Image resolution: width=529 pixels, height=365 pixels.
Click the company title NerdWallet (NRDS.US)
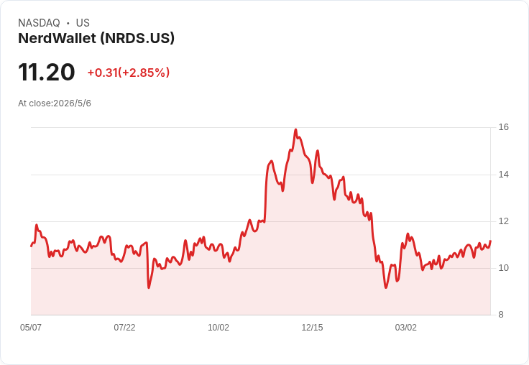(96, 38)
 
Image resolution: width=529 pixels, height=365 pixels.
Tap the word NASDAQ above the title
(39, 23)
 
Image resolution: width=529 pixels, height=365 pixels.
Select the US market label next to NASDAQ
(83, 23)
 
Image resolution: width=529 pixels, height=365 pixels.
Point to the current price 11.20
(47, 72)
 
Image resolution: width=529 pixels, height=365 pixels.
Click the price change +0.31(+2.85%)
(129, 73)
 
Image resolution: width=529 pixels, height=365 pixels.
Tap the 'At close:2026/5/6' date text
(55, 103)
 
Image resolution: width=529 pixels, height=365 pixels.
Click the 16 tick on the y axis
(504, 127)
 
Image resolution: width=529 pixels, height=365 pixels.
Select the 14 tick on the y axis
(504, 175)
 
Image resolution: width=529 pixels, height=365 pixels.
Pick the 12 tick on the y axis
(504, 221)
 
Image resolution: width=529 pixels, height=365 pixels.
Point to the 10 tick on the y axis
(504, 268)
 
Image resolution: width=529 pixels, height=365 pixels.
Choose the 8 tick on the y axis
(501, 315)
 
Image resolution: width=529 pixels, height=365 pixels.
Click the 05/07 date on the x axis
(31, 327)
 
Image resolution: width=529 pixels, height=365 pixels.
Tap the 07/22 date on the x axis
(124, 327)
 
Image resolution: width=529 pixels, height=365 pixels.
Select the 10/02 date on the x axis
(218, 327)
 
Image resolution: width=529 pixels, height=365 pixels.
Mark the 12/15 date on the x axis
(312, 327)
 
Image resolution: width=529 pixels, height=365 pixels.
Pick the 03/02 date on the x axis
(406, 327)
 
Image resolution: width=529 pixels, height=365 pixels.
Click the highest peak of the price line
(296, 129)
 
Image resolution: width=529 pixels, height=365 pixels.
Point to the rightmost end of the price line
(490, 241)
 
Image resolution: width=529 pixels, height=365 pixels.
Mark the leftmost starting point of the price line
(32, 246)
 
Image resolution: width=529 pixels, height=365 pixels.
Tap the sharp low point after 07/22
(149, 287)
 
